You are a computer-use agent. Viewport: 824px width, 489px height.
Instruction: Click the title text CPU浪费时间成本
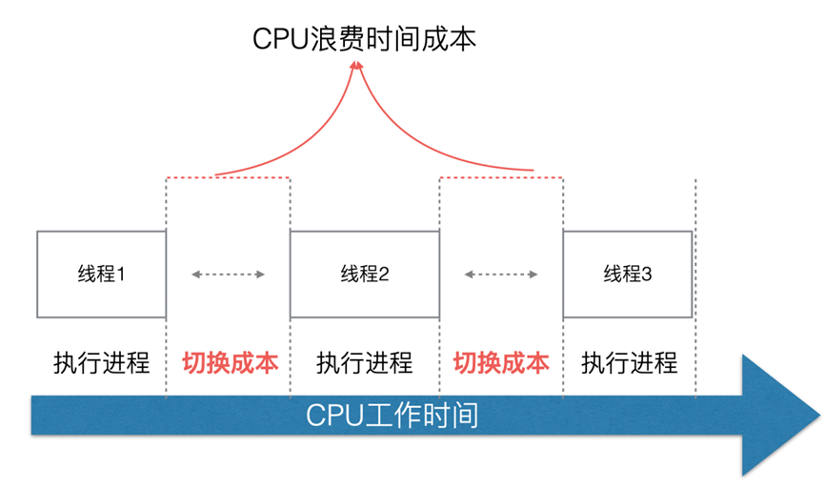tap(364, 38)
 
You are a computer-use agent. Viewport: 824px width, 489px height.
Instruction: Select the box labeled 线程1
tap(101, 274)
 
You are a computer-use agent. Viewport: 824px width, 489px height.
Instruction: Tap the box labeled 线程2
tap(364, 274)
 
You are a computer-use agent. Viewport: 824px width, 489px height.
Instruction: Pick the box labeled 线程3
tap(628, 274)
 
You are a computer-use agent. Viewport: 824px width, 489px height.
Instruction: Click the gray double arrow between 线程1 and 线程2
tap(228, 275)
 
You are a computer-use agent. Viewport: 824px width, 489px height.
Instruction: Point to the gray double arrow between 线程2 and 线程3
tap(501, 275)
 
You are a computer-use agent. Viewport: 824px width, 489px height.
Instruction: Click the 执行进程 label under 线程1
tap(101, 363)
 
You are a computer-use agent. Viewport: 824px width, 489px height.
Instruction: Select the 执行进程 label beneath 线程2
tap(364, 363)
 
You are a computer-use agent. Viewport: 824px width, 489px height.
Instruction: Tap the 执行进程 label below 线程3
tap(630, 363)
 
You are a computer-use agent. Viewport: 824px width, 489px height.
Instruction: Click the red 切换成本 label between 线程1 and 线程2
tap(230, 363)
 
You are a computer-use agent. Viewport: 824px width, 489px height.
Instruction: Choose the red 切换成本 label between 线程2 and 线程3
tap(501, 363)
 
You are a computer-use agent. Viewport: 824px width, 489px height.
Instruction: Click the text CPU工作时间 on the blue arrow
tap(392, 417)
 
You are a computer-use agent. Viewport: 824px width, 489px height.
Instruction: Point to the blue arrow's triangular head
tap(776, 416)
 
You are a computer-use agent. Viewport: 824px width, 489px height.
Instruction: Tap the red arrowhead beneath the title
tap(357, 68)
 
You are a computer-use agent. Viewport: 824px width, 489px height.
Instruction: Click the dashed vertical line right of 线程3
tap(696, 286)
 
